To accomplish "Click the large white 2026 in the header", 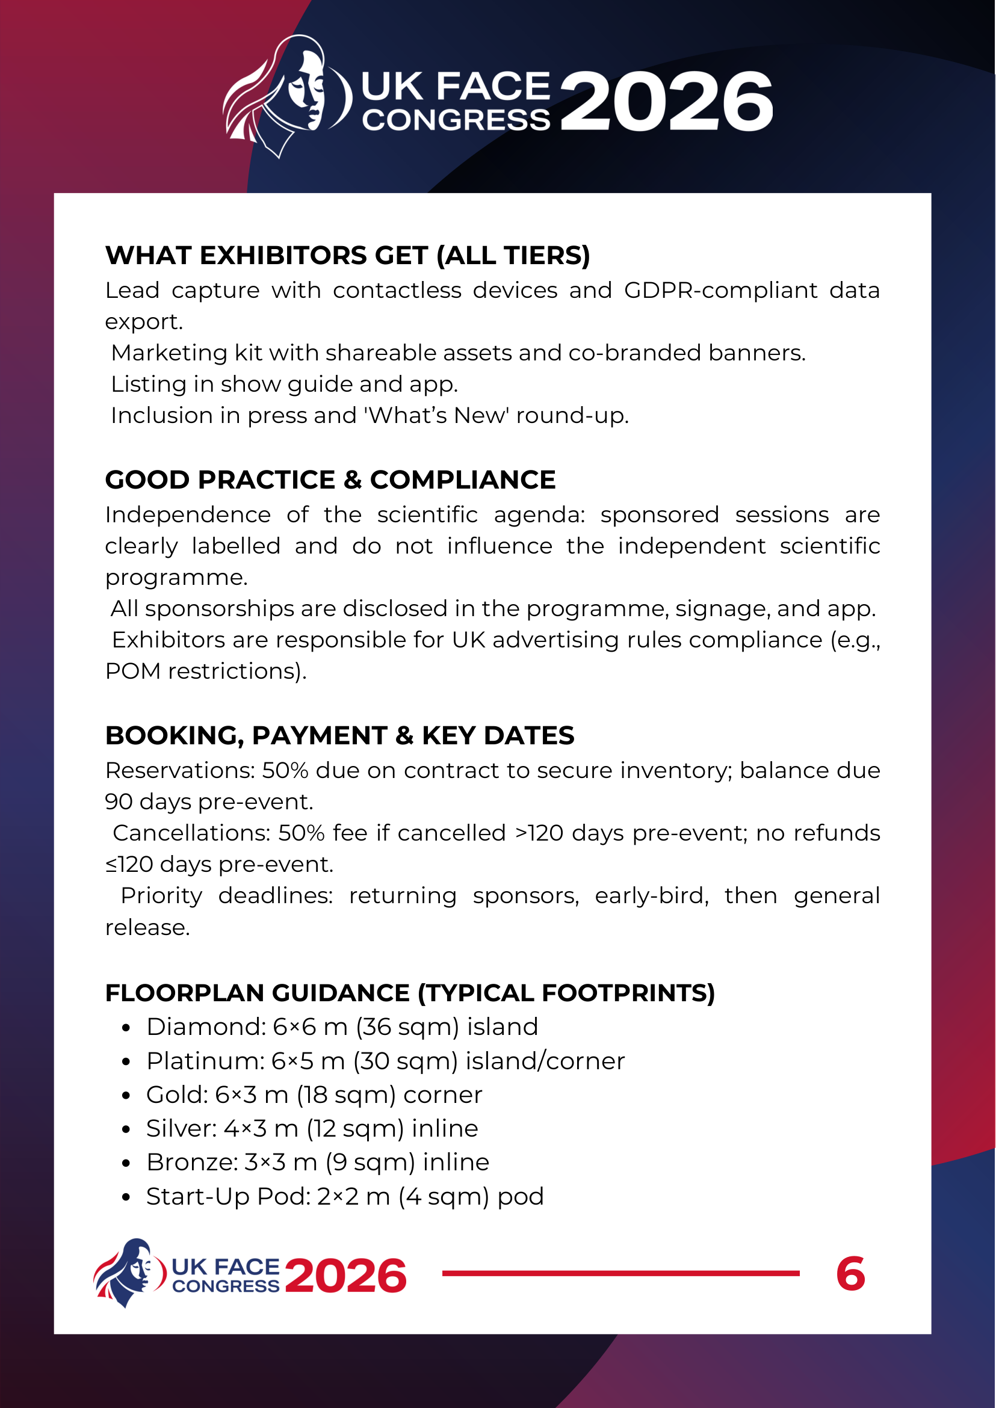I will point(666,101).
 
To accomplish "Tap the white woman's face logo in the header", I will point(288,95).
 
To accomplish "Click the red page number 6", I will point(850,1274).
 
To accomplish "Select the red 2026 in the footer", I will point(345,1276).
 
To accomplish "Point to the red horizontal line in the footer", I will point(620,1274).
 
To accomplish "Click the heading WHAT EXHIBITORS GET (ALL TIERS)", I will point(347,255).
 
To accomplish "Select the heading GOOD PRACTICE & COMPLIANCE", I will point(330,480).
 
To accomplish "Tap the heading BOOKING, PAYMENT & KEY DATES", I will point(339,735).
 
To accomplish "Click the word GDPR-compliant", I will point(720,290).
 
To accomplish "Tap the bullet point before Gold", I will point(126,1096).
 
